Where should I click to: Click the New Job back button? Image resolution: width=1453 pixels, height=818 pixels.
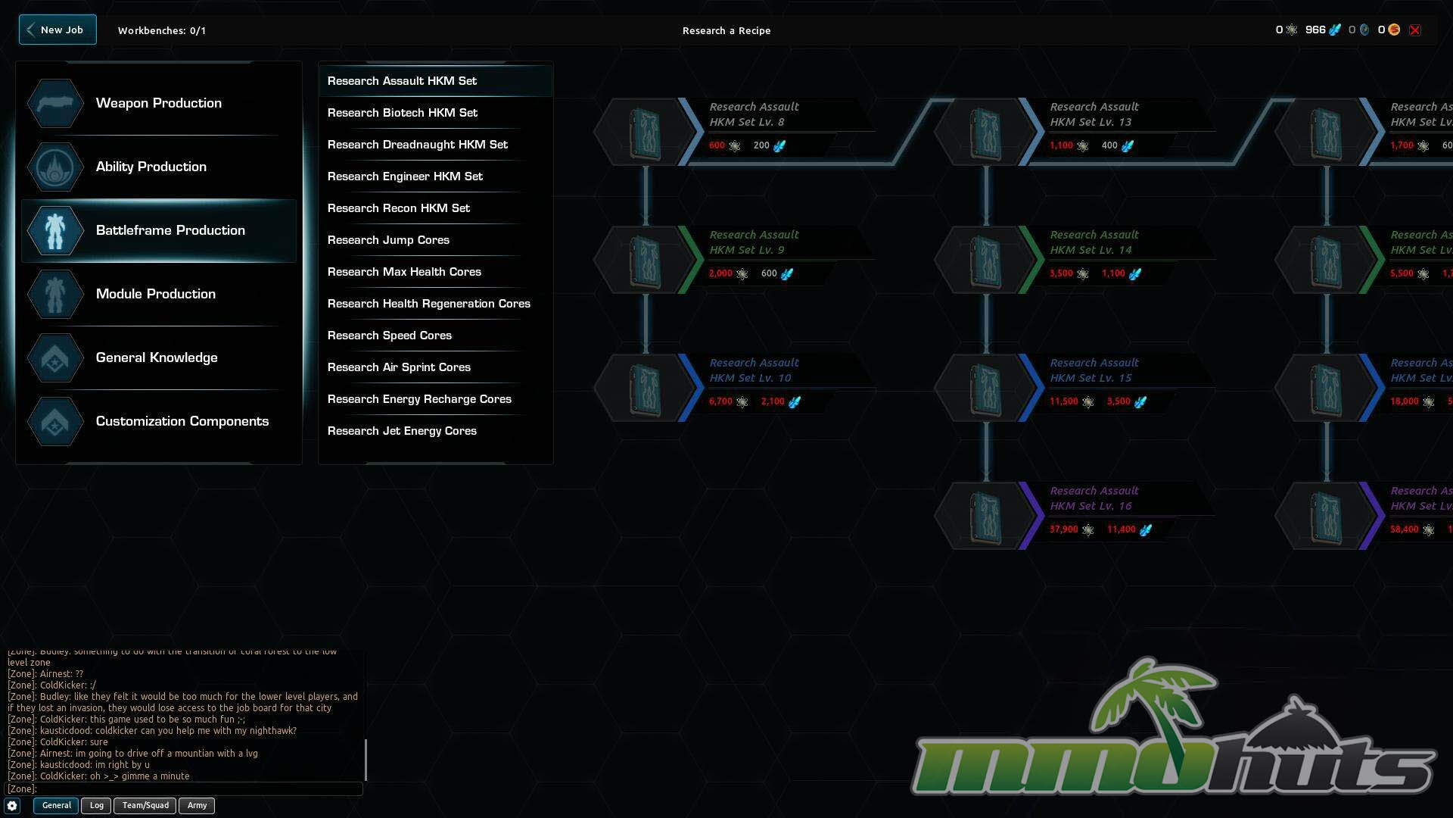tap(58, 30)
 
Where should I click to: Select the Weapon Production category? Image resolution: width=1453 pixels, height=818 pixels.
tap(158, 103)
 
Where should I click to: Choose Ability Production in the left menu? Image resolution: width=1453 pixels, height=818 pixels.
tap(151, 167)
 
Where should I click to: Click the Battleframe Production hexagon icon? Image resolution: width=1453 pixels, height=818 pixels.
tap(55, 230)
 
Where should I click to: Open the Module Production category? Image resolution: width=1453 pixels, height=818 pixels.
tap(155, 294)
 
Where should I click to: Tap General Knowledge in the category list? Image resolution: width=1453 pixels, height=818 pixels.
tap(156, 357)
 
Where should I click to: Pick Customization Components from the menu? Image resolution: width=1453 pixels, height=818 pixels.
tap(182, 421)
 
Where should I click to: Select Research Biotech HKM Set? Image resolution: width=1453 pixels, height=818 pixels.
tap(402, 113)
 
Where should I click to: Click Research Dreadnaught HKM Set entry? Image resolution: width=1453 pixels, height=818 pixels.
tap(417, 145)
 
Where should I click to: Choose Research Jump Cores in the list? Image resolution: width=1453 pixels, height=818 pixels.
tap(388, 240)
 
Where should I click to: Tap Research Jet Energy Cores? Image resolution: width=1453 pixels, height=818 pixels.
tap(402, 431)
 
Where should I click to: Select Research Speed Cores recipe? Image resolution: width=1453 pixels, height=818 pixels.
tap(389, 336)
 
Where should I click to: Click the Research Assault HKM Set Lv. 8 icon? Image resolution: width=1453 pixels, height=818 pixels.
tap(645, 133)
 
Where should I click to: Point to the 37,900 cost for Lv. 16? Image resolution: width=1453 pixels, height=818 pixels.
tap(1063, 529)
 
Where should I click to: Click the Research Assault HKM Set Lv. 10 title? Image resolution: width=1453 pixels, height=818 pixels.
tap(753, 370)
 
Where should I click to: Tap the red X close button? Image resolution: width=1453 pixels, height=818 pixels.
tap(1414, 30)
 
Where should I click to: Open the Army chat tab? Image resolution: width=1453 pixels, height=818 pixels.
tap(197, 805)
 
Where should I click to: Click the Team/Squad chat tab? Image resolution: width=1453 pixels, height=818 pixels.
tap(145, 805)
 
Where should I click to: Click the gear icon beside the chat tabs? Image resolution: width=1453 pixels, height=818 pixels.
tap(12, 806)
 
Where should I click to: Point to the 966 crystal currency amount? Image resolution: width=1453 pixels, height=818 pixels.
tap(1315, 30)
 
